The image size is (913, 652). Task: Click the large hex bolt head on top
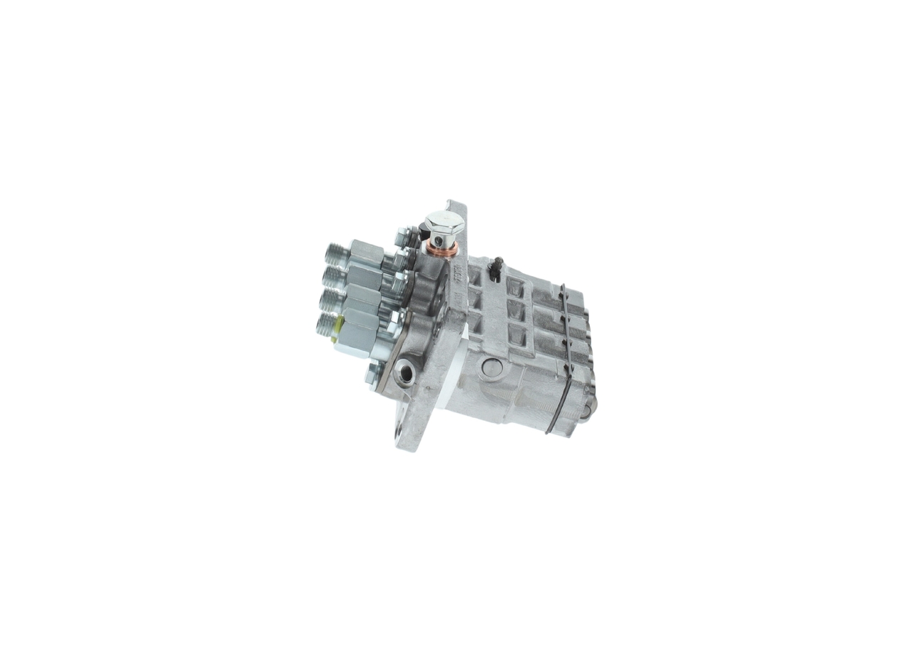click(x=444, y=222)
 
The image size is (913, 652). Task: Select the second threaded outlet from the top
click(x=332, y=276)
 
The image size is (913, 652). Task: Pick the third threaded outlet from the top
click(x=330, y=300)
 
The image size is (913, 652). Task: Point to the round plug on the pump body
click(x=491, y=368)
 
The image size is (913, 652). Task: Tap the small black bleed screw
click(x=498, y=266)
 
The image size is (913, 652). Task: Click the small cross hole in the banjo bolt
click(x=437, y=240)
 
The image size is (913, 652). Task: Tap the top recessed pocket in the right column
click(x=514, y=287)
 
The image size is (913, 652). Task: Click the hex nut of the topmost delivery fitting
click(x=365, y=252)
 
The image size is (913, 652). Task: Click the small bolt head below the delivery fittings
click(x=372, y=373)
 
